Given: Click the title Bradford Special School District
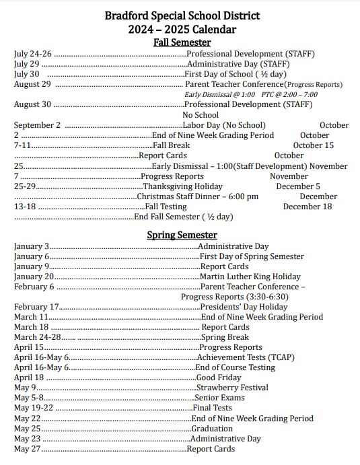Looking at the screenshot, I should click(x=182, y=15).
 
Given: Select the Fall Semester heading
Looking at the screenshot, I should click(x=182, y=42).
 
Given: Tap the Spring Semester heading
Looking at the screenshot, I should click(x=182, y=235).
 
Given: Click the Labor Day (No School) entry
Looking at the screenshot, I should click(x=224, y=125).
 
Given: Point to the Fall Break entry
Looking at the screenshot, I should click(x=171, y=145).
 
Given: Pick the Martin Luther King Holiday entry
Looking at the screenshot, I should click(x=250, y=277).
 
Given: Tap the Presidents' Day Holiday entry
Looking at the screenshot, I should click(x=244, y=307).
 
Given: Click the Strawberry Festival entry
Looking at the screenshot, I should click(x=232, y=388).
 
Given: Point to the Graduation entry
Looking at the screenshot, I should click(x=212, y=429).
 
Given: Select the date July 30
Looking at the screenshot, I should click(x=26, y=74).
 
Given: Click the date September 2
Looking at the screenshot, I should click(x=37, y=125).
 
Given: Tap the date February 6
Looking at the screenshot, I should click(x=34, y=287).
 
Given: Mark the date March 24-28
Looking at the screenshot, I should click(x=37, y=337).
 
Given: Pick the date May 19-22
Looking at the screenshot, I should click(x=33, y=408).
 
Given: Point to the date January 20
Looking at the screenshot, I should click(x=34, y=277).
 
